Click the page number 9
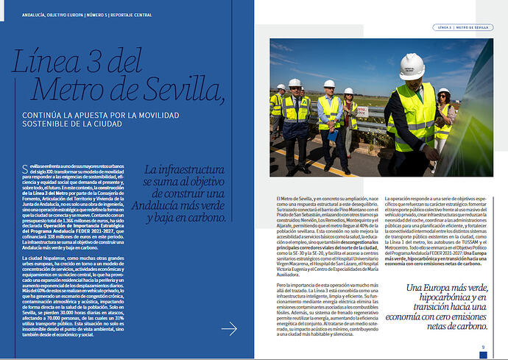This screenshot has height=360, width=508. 483,347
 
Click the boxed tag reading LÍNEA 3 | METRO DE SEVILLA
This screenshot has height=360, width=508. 461,27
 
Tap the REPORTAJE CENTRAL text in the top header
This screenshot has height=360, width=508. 123,14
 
